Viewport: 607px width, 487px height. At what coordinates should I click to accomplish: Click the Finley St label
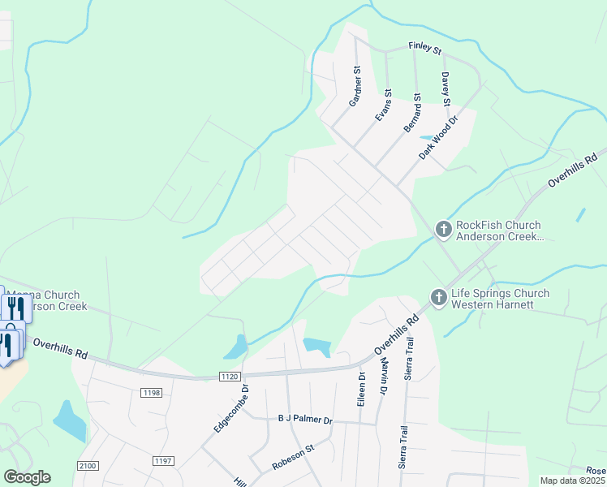pos(425,50)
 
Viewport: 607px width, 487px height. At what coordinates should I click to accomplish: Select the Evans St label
pos(383,106)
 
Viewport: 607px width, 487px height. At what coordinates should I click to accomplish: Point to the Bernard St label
pos(413,113)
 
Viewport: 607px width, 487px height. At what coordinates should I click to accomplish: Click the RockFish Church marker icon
pos(443,230)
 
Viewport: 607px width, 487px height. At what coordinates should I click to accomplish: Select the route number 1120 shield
pos(230,377)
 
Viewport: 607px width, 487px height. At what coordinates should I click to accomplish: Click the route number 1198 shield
pos(152,393)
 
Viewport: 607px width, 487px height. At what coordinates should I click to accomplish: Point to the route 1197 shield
pos(163,461)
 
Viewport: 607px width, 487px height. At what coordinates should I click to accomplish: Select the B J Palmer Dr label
pos(305,420)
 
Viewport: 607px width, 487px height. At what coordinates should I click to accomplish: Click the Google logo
pos(28,477)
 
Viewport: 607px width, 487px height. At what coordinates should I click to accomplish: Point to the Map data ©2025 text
pos(571,481)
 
